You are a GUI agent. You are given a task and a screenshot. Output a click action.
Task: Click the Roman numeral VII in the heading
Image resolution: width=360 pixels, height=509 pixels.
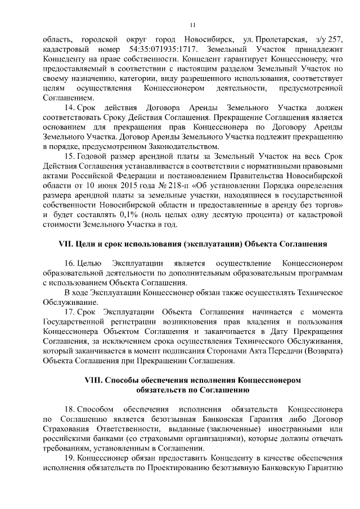(67, 244)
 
